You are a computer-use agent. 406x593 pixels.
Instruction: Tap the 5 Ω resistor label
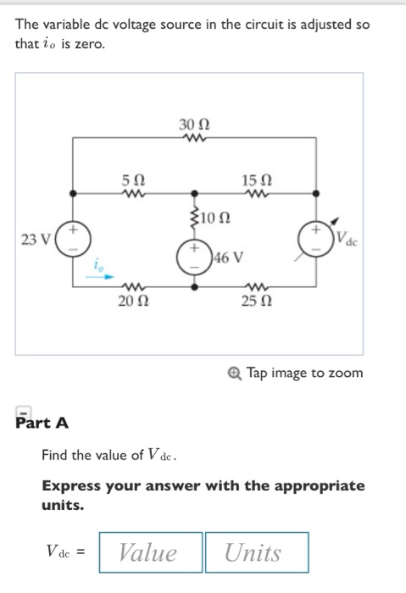click(133, 180)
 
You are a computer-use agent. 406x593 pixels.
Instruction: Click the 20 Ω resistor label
click(133, 302)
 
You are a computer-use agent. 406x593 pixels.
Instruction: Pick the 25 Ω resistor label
click(253, 302)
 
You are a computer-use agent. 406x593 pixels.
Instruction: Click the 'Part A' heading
click(42, 421)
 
